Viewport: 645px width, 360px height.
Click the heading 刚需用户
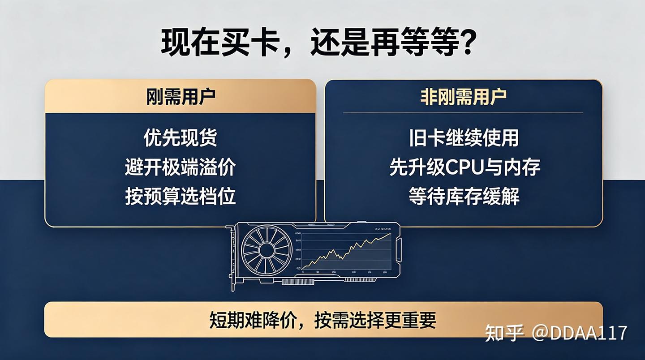[x=181, y=97]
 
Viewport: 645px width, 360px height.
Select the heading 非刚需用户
[x=463, y=97]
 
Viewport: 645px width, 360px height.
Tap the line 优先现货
[x=181, y=137]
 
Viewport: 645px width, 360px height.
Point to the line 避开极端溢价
[x=181, y=167]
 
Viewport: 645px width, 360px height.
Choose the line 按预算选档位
[x=181, y=196]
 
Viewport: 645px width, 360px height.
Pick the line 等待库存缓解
[x=464, y=196]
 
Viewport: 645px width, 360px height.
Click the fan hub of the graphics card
[x=267, y=250]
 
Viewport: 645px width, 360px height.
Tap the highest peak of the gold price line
[x=391, y=234]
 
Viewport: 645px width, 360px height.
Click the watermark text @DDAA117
[x=579, y=333]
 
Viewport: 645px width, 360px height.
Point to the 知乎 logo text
[x=504, y=333]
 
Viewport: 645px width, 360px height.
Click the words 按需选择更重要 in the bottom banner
[x=375, y=320]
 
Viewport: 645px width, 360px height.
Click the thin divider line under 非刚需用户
[x=463, y=113]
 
